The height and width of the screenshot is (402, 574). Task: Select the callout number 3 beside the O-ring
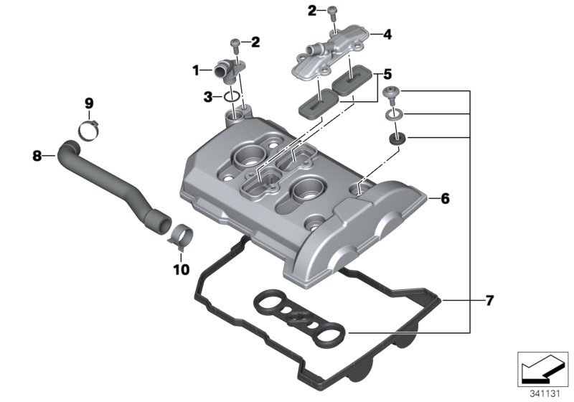pyautogui.click(x=207, y=96)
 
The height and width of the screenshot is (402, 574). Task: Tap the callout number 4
pyautogui.click(x=387, y=34)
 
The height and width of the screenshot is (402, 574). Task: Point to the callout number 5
pyautogui.click(x=387, y=74)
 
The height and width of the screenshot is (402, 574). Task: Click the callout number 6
pyautogui.click(x=445, y=199)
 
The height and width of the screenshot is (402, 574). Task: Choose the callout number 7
pyautogui.click(x=489, y=300)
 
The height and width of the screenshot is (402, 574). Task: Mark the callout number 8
pyautogui.click(x=37, y=154)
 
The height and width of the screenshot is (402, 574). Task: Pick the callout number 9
pyautogui.click(x=88, y=103)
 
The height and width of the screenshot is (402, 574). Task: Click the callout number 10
pyautogui.click(x=179, y=270)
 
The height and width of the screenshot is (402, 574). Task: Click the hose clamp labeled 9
pyautogui.click(x=88, y=129)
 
